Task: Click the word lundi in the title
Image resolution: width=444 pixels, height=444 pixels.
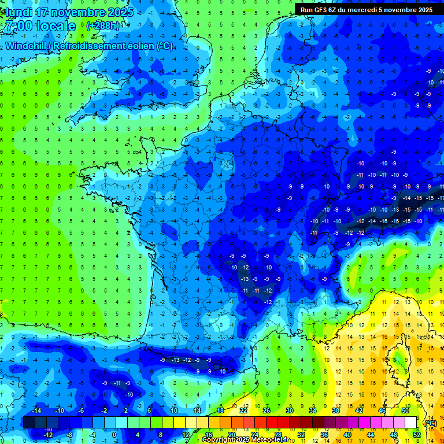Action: coord(17,12)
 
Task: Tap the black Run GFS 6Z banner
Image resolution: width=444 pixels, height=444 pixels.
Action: coord(367,9)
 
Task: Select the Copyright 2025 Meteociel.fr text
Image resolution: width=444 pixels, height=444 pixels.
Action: coord(245,440)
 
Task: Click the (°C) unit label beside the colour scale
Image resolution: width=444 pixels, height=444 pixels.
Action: coord(430,423)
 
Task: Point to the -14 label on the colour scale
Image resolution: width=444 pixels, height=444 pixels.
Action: coord(36,410)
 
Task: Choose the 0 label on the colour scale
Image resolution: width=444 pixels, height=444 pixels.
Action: coord(114,435)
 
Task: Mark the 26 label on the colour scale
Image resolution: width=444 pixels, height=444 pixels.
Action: coord(266,410)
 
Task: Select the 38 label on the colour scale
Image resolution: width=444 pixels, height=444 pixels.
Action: coord(335,410)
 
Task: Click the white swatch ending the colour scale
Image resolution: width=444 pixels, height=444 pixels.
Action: coord(410,423)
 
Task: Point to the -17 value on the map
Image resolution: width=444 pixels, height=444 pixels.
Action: coord(441,198)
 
